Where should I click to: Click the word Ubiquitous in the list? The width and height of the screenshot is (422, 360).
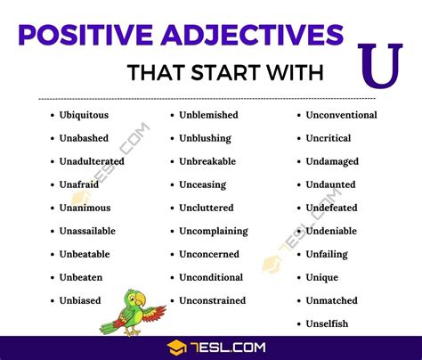point(85,115)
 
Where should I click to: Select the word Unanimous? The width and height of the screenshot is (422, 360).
point(85,208)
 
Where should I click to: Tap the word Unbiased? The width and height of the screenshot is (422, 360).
point(80,300)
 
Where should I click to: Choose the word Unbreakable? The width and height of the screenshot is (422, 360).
point(208,161)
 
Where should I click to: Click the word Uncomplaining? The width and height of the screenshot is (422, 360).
point(213,231)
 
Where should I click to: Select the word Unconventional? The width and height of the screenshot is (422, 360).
point(341,115)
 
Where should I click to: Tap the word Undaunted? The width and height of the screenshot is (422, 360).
point(330,184)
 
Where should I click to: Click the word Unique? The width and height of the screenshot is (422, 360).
point(322,277)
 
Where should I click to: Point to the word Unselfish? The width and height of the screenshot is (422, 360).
point(328,323)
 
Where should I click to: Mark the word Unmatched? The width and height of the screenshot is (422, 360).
point(331,300)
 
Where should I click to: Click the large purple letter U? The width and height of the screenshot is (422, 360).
point(382,64)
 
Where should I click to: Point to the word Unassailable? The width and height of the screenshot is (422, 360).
point(87,231)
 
